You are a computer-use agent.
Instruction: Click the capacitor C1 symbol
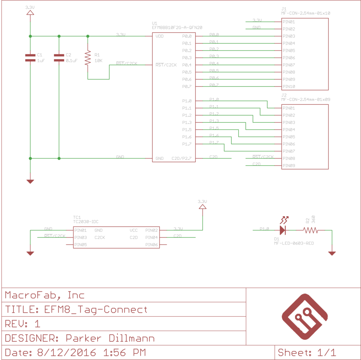point(30,58)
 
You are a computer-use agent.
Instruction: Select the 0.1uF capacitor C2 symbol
point(59,58)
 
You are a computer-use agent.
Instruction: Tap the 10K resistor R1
point(88,58)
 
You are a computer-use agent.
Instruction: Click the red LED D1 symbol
point(283,230)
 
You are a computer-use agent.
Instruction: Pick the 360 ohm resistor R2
point(311,230)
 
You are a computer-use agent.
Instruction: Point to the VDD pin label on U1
point(159,36)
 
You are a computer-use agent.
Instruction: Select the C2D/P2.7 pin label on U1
point(181,158)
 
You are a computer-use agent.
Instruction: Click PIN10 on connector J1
point(289,86)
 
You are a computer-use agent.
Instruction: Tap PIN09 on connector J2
point(289,166)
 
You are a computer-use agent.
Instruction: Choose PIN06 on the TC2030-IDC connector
point(151,245)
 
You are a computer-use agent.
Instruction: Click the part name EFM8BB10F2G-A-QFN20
point(177,27)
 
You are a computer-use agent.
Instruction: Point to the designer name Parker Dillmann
point(110,338)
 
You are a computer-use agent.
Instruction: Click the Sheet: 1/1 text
point(307,352)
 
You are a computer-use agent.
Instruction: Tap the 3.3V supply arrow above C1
point(30,13)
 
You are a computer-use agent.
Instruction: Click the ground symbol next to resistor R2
point(332,253)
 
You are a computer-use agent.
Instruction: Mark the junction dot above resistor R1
point(88,36)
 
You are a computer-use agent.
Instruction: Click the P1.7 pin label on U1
point(187,144)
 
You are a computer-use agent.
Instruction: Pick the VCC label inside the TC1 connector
point(134,230)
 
